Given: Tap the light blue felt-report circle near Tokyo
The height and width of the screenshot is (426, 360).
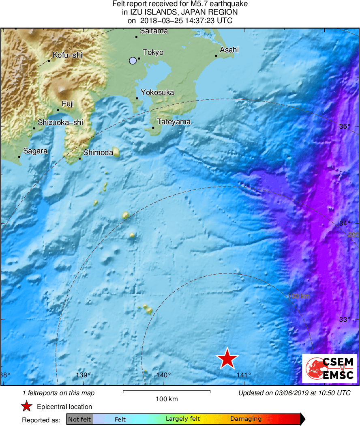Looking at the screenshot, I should (x=133, y=61).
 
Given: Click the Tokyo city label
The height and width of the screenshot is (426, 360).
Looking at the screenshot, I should (x=153, y=52).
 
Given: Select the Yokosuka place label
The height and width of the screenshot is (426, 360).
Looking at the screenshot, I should (x=157, y=93).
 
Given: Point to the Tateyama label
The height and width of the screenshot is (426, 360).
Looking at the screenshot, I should (x=174, y=122).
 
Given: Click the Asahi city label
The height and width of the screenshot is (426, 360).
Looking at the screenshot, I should (x=229, y=50).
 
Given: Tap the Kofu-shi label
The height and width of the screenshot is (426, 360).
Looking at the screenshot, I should (x=67, y=55).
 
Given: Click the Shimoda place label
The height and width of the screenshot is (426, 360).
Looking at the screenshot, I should (x=98, y=153).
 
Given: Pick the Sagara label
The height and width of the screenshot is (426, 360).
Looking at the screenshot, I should (x=35, y=151).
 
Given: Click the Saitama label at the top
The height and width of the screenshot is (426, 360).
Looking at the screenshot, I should (x=154, y=31).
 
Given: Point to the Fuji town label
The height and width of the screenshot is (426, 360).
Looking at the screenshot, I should (x=68, y=104).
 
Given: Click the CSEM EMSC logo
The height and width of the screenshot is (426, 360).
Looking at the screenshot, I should (x=329, y=368).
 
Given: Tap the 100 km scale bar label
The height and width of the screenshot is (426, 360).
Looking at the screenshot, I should (x=167, y=399).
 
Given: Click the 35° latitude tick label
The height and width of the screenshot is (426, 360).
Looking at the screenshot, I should (x=345, y=126).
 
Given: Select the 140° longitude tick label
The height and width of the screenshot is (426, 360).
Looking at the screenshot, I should (x=163, y=375).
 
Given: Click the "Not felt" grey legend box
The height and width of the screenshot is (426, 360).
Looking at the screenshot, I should (x=79, y=419).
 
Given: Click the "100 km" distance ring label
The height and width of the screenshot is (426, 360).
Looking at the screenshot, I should (x=299, y=296).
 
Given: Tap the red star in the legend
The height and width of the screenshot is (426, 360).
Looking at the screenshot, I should (x=26, y=407).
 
